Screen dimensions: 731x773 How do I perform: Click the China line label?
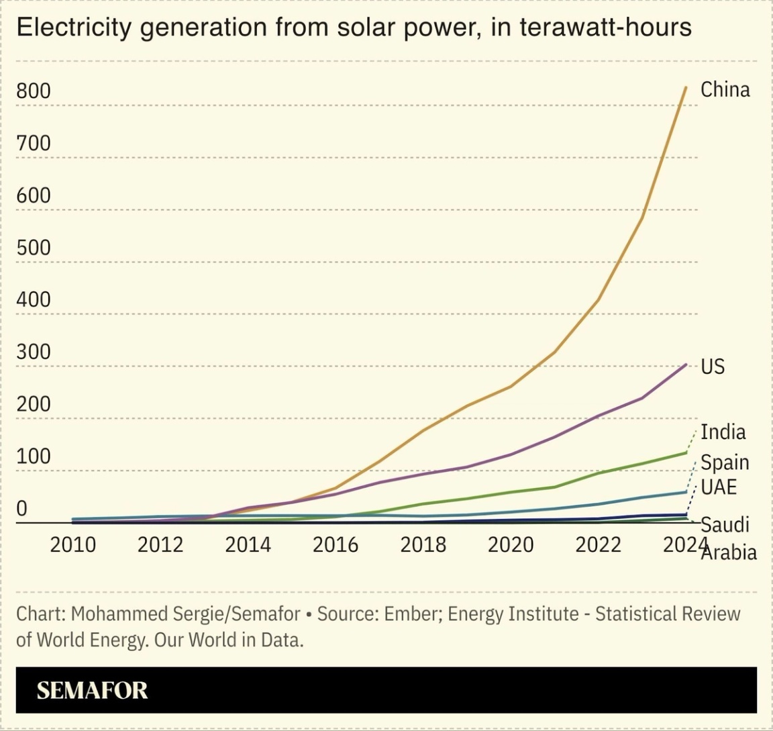(x=725, y=89)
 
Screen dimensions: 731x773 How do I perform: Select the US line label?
(x=713, y=367)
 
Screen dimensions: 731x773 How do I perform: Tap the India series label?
(x=723, y=432)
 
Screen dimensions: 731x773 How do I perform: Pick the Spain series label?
(x=725, y=462)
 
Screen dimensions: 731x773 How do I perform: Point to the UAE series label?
(x=719, y=487)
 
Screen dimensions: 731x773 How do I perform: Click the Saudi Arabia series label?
(x=727, y=538)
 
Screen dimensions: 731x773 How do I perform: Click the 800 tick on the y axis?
(x=34, y=91)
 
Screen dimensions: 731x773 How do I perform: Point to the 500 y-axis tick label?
(x=34, y=248)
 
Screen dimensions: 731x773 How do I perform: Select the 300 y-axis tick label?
(x=34, y=352)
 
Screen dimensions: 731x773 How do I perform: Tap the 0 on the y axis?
(x=22, y=508)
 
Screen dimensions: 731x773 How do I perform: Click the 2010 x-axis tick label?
(x=73, y=544)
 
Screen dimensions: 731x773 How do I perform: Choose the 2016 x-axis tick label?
(x=336, y=544)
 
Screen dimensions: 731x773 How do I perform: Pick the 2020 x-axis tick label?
(x=511, y=544)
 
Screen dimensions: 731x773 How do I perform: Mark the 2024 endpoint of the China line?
(x=686, y=87)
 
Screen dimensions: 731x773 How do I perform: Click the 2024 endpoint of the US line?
(x=686, y=364)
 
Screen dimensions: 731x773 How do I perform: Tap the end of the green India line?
(x=686, y=452)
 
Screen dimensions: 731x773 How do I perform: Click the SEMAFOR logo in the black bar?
(x=92, y=690)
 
